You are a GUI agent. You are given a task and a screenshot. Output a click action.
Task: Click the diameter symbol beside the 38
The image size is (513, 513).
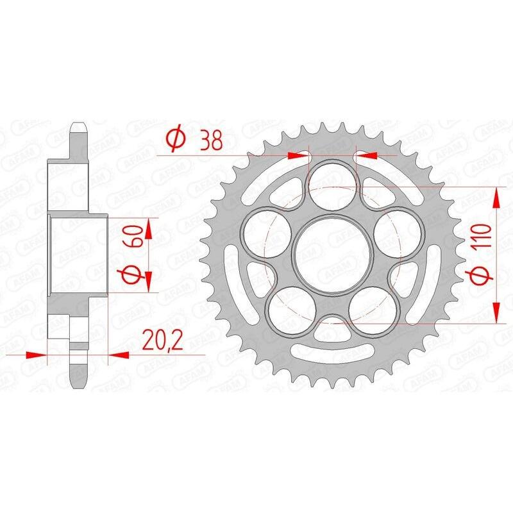pos(176,139)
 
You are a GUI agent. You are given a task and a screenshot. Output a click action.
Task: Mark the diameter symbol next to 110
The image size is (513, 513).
pos(482,276)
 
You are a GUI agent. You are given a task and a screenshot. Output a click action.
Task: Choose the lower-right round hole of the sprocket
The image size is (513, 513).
pos(374,309)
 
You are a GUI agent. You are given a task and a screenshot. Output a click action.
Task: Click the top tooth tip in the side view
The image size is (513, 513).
pos(78,124)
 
